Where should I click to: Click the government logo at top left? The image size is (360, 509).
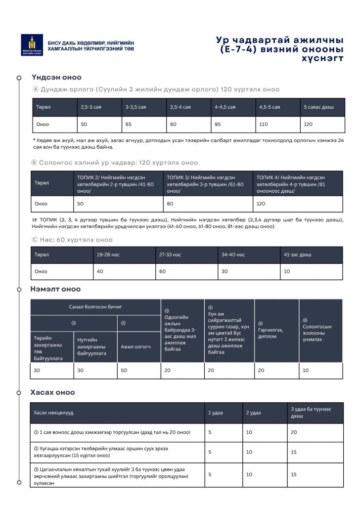point(32,45)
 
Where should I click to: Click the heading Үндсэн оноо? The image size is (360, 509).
point(57,77)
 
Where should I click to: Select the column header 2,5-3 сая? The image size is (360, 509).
point(91,107)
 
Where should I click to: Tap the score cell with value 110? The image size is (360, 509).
point(264,125)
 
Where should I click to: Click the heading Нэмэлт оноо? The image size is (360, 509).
point(56,289)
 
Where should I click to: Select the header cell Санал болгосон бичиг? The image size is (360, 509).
point(95,307)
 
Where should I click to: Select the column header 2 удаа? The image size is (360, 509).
point(254,413)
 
